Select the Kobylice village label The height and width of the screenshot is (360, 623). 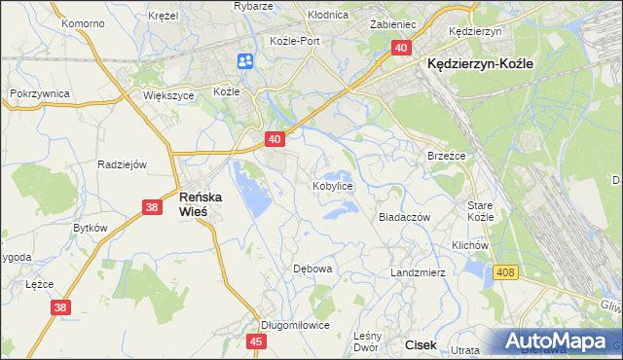click(x=332, y=185)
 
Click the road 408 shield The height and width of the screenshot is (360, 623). click(x=504, y=274)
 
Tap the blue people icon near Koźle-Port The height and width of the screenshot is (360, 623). click(x=244, y=61)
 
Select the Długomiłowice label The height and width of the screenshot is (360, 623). click(x=296, y=325)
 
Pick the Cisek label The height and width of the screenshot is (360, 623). click(x=421, y=344)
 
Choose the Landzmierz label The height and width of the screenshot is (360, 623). click(x=418, y=272)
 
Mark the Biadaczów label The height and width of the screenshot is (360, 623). click(x=404, y=218)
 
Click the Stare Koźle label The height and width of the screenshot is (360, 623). click(x=481, y=211)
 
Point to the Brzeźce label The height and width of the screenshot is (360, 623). click(x=447, y=156)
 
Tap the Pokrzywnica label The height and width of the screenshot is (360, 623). click(x=36, y=92)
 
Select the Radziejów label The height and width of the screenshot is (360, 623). click(x=122, y=163)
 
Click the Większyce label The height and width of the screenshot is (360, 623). click(x=169, y=96)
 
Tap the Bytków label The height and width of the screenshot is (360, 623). click(x=90, y=227)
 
